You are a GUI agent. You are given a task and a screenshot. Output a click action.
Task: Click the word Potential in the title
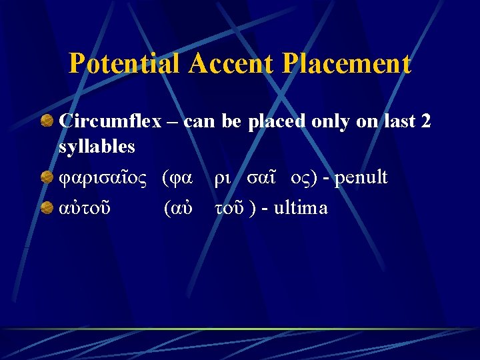(125, 64)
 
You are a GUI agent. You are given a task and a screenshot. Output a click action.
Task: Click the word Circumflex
(111, 122)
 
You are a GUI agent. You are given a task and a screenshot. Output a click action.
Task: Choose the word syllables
(97, 146)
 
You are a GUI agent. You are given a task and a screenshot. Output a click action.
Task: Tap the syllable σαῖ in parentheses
(262, 178)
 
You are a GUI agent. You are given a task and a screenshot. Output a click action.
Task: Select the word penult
(360, 178)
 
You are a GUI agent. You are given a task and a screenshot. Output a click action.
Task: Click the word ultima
(301, 208)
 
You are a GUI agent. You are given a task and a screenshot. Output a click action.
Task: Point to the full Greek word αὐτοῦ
(85, 208)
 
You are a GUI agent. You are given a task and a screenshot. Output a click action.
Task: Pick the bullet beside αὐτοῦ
(47, 208)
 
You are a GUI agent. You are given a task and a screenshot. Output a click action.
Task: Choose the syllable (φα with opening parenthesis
(178, 178)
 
